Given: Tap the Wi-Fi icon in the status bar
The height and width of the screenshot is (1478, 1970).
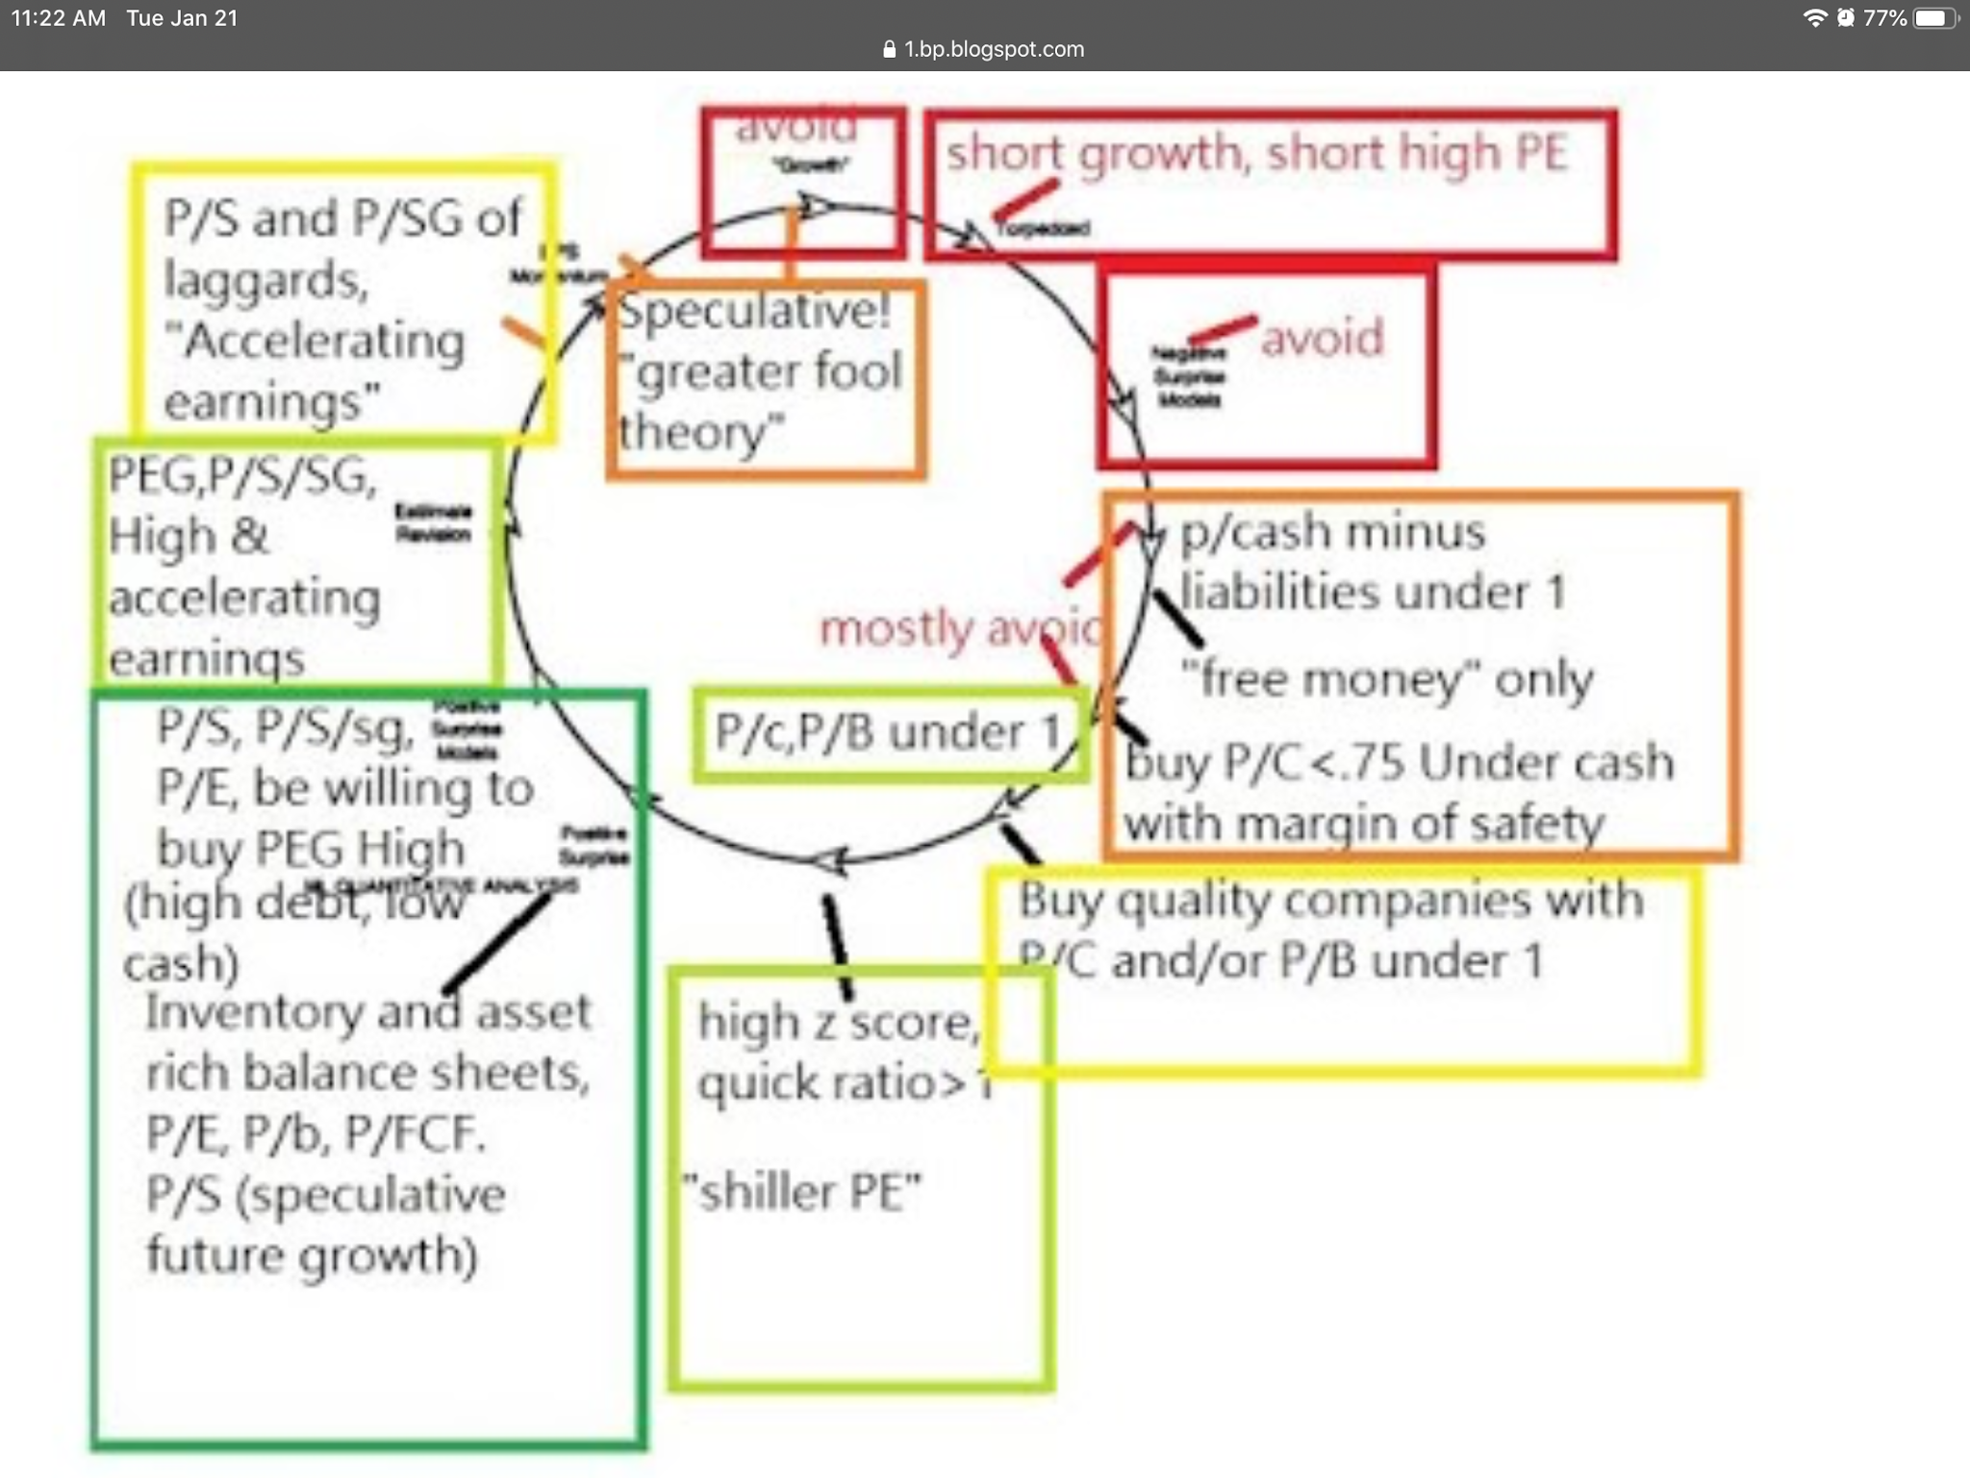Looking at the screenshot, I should (1814, 18).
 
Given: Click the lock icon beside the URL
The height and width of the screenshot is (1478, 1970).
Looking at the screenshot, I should (889, 49).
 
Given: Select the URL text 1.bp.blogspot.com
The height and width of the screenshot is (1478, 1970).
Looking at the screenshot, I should (994, 49).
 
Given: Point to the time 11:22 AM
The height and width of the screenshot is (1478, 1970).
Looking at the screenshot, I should (59, 18).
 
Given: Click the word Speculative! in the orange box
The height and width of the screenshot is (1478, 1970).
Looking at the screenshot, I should (754, 311).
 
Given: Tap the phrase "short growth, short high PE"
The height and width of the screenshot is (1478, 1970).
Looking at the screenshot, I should (1256, 153).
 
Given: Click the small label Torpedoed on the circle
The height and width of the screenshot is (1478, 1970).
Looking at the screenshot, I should (1043, 228).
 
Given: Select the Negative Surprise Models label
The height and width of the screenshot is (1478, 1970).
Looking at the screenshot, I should (1189, 376).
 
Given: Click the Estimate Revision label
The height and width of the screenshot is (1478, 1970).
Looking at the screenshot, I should (433, 522).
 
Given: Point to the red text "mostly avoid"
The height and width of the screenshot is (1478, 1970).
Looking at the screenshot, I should (958, 628).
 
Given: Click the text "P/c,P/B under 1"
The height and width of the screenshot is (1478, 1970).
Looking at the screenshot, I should (887, 732).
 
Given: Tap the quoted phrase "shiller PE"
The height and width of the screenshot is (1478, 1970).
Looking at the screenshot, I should (802, 1192).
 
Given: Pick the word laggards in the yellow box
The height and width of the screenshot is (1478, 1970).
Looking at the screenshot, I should (265, 281).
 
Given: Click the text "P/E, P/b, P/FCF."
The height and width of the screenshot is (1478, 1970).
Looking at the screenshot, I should (316, 1134).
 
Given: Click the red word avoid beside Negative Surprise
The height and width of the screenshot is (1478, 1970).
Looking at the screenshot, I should (1322, 338).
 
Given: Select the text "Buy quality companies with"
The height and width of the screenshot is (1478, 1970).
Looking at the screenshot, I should (1331, 901).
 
